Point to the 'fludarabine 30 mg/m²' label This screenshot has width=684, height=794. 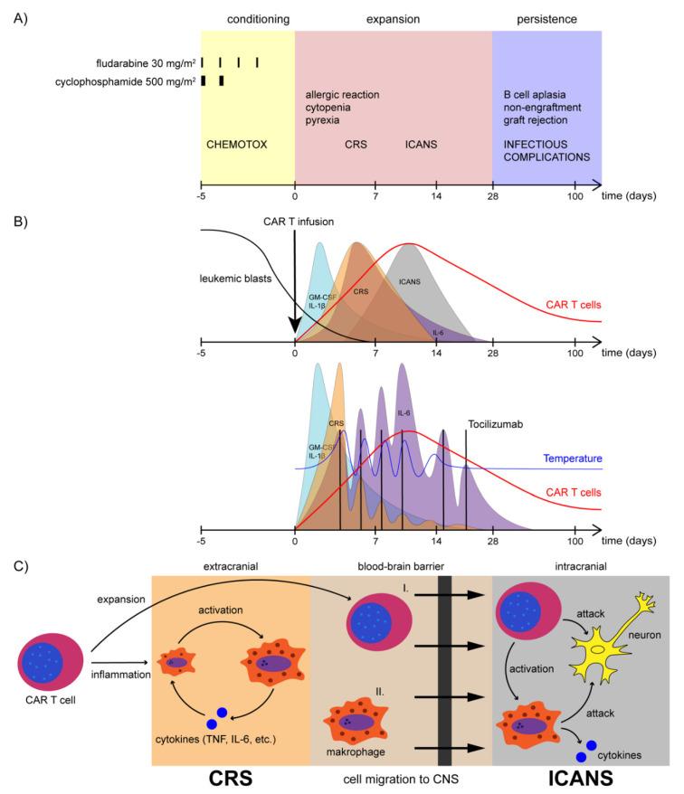tap(146, 62)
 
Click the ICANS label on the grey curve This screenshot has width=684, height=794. tap(411, 281)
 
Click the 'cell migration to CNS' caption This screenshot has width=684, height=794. tap(401, 778)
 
